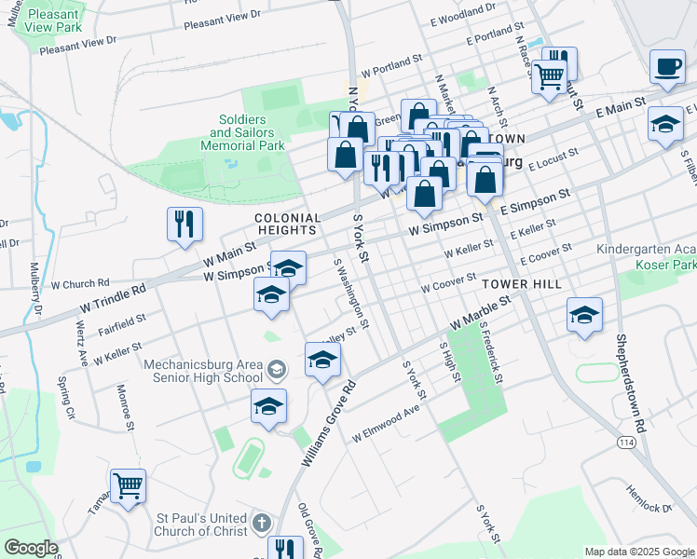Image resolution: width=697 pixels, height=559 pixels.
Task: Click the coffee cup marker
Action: pyautogui.click(x=666, y=67)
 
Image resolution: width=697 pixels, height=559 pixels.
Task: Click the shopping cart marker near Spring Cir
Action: pyautogui.click(x=128, y=484)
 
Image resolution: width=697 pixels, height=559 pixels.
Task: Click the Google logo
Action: pyautogui.click(x=31, y=547)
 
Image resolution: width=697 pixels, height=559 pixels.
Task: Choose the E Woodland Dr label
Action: pyautogui.click(x=463, y=10)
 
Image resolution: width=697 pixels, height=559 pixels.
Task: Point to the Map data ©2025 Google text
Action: pyautogui.click(x=638, y=552)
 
